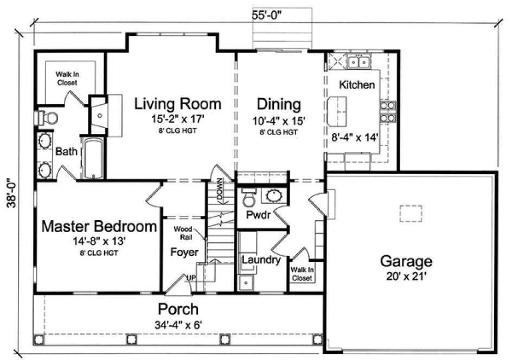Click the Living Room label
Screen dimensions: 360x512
click(x=178, y=103)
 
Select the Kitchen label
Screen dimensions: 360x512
click(x=356, y=85)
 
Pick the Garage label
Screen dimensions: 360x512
click(x=406, y=261)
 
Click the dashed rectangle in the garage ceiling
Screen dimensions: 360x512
click(x=411, y=214)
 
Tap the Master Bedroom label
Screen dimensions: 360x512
click(x=100, y=226)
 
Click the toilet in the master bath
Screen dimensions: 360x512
click(x=47, y=117)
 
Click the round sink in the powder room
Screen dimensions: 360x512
click(x=273, y=196)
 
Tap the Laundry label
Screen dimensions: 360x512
click(x=261, y=260)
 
